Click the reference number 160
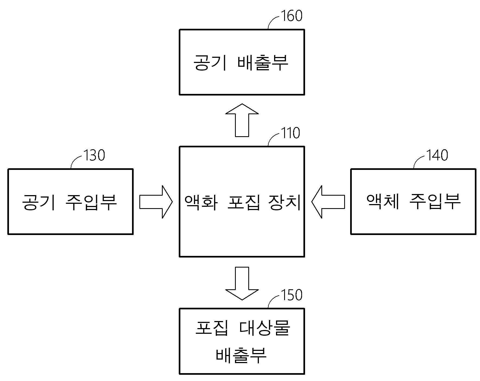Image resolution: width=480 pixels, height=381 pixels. click(291, 16)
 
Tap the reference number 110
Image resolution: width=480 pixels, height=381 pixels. click(290, 133)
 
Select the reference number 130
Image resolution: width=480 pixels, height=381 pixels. click(94, 155)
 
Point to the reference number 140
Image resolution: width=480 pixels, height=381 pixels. click(437, 155)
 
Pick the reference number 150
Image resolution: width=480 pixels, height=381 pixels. click(291, 295)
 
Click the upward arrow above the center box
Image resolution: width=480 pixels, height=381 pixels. click(242, 120)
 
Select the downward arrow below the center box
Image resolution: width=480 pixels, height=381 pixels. click(242, 284)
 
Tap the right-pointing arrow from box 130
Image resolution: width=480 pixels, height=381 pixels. click(156, 202)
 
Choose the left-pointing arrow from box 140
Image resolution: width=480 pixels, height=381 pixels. click(328, 202)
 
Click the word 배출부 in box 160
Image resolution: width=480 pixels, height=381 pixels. click(263, 63)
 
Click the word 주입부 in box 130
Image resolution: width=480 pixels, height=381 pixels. click(91, 202)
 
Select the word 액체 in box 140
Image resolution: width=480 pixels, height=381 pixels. click(383, 201)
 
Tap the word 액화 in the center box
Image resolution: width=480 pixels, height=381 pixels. click(201, 202)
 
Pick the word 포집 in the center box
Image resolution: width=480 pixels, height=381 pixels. click(243, 202)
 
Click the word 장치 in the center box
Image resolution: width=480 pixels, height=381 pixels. click(285, 202)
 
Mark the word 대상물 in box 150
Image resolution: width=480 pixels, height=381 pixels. click(265, 328)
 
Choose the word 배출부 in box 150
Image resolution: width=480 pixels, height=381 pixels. click(241, 355)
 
